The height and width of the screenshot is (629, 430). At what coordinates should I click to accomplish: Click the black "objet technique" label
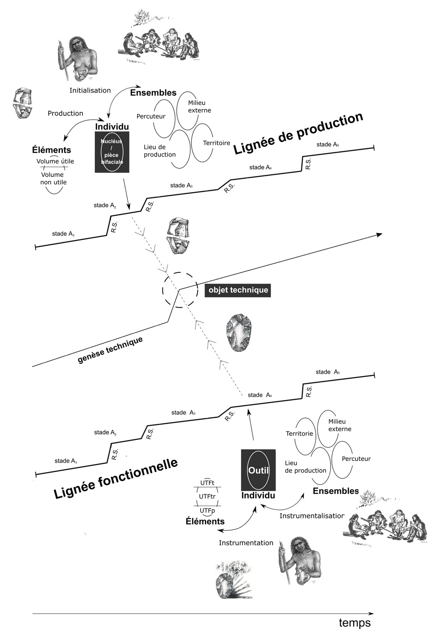pos(238,289)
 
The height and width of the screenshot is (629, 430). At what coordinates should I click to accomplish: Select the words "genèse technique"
pos(110,350)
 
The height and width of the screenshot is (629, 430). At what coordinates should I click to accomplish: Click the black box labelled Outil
pos(258,470)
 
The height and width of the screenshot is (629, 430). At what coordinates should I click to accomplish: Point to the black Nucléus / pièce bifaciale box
pos(112,152)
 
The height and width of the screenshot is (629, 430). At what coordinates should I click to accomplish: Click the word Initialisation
pos(90,90)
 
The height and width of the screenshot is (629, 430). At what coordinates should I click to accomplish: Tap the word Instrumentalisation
pos(312,516)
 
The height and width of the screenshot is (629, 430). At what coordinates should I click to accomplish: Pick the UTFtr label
pos(207,496)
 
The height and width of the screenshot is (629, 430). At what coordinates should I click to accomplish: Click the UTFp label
pos(207,510)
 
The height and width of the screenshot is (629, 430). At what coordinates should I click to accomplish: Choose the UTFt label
pos(207,483)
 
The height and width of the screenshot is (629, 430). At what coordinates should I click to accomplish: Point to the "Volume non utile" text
pos(54,178)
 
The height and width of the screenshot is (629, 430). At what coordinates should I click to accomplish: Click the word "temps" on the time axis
pos(355,622)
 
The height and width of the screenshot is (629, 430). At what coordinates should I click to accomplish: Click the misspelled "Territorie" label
pos(299,434)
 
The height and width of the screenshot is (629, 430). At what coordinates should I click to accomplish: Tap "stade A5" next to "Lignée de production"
pos(327,144)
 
